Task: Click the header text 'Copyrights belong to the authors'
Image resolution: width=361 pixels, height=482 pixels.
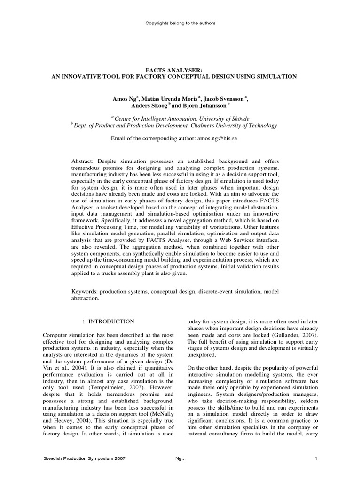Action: coord(180,23)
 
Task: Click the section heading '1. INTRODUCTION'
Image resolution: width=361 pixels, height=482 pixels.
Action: coord(108,321)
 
